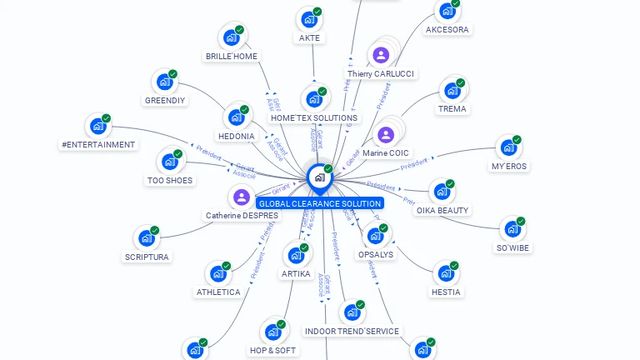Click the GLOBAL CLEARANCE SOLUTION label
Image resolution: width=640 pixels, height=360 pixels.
pos(320,203)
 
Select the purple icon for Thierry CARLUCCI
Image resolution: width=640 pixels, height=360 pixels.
pos(381,55)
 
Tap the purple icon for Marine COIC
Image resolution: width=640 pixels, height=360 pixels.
pos(385,134)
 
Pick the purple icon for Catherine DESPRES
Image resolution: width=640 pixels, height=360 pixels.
pos(242,197)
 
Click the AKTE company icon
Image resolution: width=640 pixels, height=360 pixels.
pos(308,19)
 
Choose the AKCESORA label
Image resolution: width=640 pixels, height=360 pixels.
pos(447,30)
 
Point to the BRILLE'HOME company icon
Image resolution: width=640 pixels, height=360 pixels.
pos(231,37)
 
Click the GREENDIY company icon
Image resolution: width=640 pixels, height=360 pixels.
pos(164,82)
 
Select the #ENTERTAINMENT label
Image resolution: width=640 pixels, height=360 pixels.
pos(98,145)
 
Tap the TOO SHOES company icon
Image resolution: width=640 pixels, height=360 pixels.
pos(169,162)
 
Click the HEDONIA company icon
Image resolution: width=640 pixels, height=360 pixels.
pos(236,117)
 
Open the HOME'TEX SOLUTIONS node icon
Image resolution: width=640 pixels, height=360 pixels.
pos(314,99)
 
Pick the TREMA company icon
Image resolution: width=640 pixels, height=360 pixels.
pos(452,90)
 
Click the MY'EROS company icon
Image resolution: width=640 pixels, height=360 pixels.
pos(508,148)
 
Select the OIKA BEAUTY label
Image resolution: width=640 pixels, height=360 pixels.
pos(442,211)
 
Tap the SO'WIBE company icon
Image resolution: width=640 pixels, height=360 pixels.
pos(512,229)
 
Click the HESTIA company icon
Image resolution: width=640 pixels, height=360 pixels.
pos(446,273)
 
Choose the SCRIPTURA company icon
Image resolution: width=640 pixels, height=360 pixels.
pos(147,238)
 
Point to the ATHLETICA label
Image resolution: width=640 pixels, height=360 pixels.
pos(218,292)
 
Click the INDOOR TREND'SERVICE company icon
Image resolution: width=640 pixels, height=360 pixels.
pos(352,312)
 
